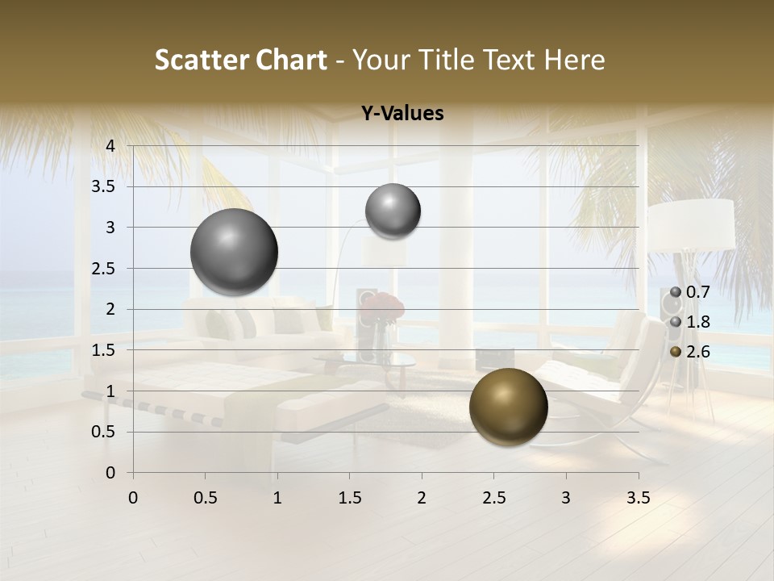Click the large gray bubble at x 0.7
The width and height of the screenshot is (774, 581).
click(x=234, y=252)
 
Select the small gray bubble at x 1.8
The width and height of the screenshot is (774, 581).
click(x=393, y=211)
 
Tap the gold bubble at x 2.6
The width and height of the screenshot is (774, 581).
click(x=508, y=407)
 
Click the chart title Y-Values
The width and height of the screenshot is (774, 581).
click(x=402, y=114)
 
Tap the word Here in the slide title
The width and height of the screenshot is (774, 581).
click(x=573, y=60)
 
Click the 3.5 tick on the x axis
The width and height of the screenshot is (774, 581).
click(x=638, y=498)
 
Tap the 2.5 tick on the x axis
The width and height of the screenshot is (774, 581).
click(x=493, y=498)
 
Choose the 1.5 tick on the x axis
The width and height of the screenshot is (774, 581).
click(x=349, y=498)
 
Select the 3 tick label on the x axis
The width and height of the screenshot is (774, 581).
click(x=565, y=498)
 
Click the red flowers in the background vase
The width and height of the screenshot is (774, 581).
click(x=383, y=306)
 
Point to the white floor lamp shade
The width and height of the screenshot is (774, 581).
click(x=691, y=224)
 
